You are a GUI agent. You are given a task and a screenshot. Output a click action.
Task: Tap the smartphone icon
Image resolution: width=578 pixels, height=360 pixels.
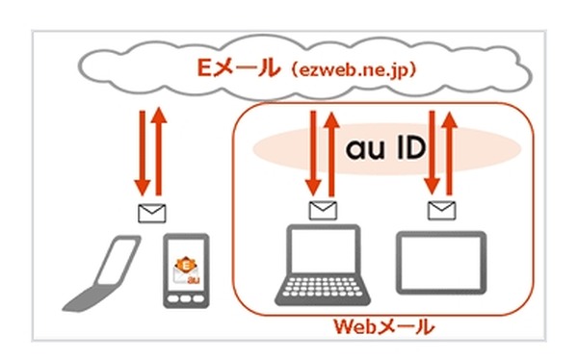[184, 270]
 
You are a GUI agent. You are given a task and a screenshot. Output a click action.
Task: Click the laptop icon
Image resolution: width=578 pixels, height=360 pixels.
[320, 265]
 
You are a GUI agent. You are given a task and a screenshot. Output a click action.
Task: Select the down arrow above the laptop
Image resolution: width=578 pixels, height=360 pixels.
[313, 149]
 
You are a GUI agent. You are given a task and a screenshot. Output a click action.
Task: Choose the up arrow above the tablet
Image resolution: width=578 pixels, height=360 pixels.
[451, 149]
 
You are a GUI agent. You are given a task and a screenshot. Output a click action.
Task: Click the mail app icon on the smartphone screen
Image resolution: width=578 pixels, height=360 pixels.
[184, 266]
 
